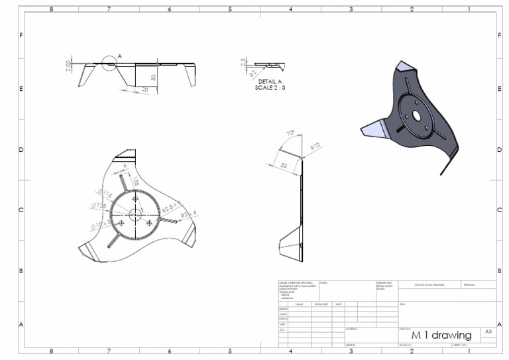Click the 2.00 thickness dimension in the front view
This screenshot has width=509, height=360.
pos(69,67)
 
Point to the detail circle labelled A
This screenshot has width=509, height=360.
pos(109,64)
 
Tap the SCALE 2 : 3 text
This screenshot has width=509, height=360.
pos(270,87)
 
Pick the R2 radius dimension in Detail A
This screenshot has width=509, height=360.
pos(253,74)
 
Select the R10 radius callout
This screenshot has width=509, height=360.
pos(315,146)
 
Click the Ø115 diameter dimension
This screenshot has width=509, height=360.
pos(105,194)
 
